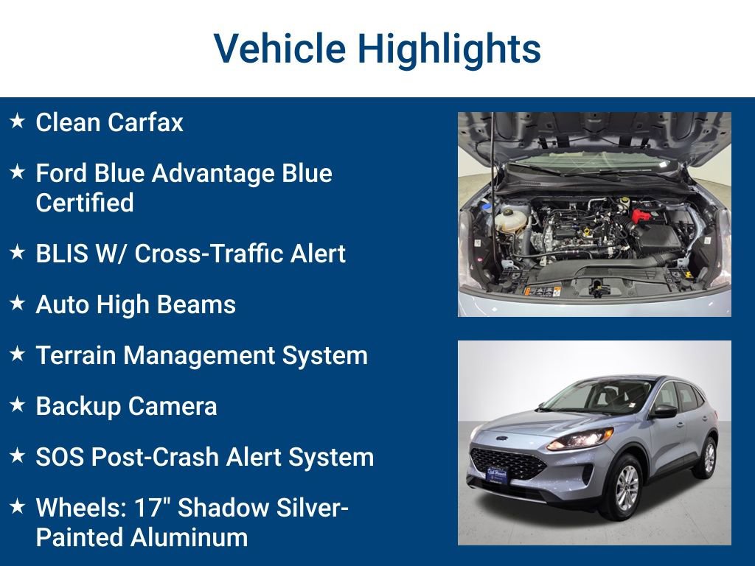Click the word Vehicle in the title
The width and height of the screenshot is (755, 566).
(x=279, y=49)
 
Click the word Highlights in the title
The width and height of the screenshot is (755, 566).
(x=449, y=49)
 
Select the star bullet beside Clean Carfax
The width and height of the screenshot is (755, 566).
(x=17, y=121)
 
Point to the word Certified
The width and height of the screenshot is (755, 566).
(x=85, y=203)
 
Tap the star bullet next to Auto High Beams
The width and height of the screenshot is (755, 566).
(x=17, y=303)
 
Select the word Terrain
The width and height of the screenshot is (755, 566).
(x=75, y=355)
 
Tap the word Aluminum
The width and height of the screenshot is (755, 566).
(x=189, y=537)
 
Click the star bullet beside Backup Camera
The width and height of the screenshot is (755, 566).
(x=17, y=405)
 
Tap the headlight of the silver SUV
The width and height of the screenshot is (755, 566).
(x=579, y=440)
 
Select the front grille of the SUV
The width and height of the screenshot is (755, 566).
(x=509, y=463)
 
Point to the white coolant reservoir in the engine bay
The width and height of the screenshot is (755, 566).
(x=509, y=217)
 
